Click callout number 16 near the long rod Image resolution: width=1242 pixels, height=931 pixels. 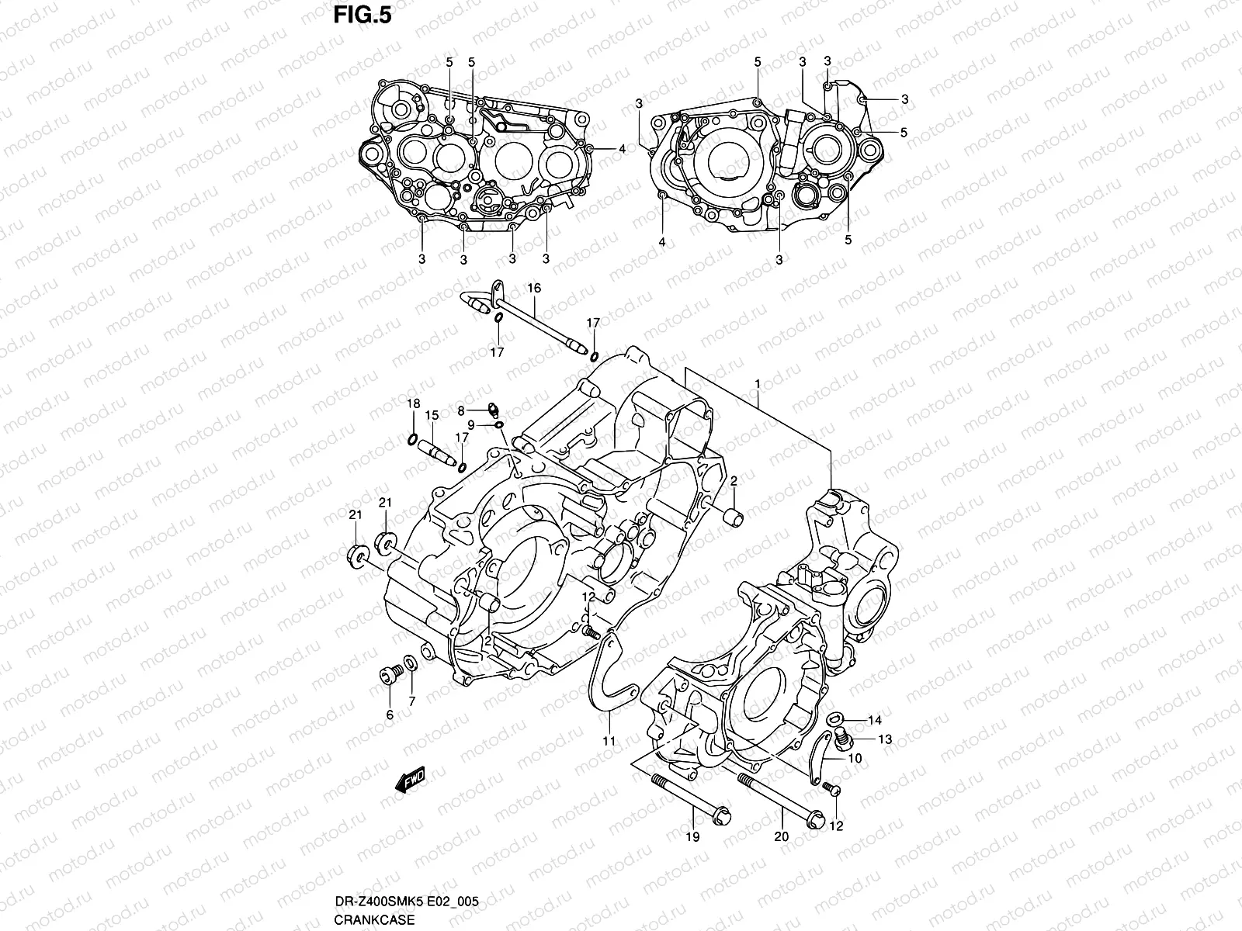pyautogui.click(x=534, y=289)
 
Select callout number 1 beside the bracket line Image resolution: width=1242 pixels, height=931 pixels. pyautogui.click(x=756, y=384)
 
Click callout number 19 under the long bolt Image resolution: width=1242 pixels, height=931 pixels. pyautogui.click(x=692, y=836)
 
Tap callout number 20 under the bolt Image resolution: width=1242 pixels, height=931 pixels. pyautogui.click(x=782, y=836)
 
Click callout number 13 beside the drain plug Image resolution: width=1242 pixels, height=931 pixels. pyautogui.click(x=885, y=739)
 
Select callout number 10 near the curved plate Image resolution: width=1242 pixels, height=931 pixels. pyautogui.click(x=855, y=758)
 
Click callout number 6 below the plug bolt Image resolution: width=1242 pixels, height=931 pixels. pyautogui.click(x=390, y=715)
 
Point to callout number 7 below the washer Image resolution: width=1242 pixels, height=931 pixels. pyautogui.click(x=411, y=701)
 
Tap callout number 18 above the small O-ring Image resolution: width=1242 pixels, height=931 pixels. pyautogui.click(x=414, y=403)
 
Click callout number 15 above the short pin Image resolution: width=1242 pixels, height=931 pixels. pyautogui.click(x=432, y=415)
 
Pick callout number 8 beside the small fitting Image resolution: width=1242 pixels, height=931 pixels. pyautogui.click(x=460, y=410)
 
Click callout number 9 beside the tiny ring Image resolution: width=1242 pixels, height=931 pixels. pyautogui.click(x=470, y=424)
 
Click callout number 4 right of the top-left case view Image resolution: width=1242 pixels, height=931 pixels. pyautogui.click(x=622, y=148)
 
